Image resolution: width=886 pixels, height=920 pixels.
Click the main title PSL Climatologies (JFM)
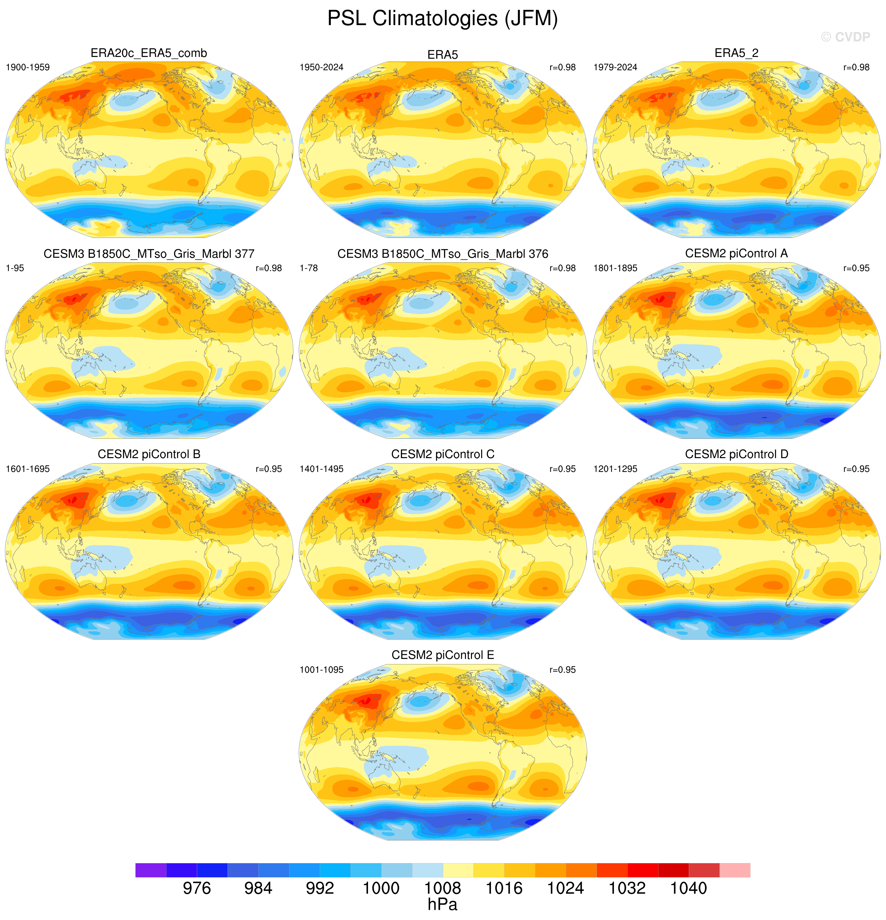443,19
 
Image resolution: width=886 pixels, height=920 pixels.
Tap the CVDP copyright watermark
846,37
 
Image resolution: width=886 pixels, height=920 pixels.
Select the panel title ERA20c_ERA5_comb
149,53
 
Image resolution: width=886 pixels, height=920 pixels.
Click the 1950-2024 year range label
322,67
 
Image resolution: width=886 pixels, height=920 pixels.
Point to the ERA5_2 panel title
736,53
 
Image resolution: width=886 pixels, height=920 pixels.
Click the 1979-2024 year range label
615,67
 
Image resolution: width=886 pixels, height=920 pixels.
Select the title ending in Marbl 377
149,254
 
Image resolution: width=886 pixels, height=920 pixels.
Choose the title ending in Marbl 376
443,254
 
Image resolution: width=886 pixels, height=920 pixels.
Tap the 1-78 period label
309,268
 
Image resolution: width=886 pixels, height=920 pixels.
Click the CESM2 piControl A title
736,253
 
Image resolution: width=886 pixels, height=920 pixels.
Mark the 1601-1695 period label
28,469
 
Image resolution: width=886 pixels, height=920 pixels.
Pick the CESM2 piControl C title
443,454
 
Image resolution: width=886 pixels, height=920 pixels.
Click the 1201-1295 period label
615,469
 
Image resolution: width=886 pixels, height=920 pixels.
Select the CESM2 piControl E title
443,655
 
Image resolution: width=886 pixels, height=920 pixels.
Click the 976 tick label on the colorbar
197,888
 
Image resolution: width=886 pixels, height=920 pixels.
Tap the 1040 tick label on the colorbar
688,888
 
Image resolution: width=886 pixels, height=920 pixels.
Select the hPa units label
443,904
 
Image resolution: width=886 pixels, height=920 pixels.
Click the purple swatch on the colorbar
151,870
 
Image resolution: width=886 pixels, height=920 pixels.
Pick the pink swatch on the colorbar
735,870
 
